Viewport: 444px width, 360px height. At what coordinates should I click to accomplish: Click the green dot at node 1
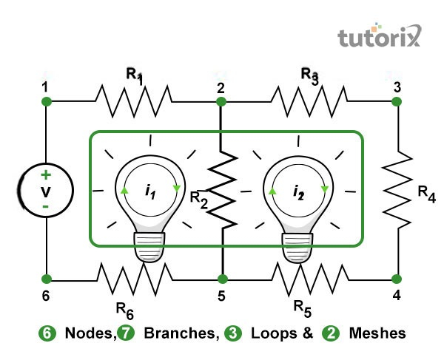click(x=46, y=101)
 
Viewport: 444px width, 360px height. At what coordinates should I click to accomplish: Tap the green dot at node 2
click(x=221, y=101)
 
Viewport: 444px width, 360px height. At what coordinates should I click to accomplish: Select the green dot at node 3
click(x=397, y=101)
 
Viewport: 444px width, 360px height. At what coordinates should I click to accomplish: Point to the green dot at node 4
click(x=397, y=279)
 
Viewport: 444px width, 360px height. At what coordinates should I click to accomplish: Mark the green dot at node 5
click(x=221, y=279)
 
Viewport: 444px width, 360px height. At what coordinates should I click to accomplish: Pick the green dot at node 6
click(x=46, y=279)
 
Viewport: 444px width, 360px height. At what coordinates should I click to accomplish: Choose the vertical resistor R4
click(x=397, y=189)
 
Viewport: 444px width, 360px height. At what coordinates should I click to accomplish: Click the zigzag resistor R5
click(x=309, y=279)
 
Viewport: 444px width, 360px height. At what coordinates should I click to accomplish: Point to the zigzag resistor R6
click(x=133, y=279)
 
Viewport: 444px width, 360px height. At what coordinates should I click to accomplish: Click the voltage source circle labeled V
click(x=46, y=190)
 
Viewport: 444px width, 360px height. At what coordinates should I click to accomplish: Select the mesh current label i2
click(x=297, y=194)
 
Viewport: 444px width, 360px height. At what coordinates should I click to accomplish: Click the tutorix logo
click(x=378, y=36)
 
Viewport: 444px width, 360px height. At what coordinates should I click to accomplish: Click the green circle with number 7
click(x=126, y=333)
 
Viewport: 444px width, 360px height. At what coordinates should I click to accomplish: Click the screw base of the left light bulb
click(x=149, y=245)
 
